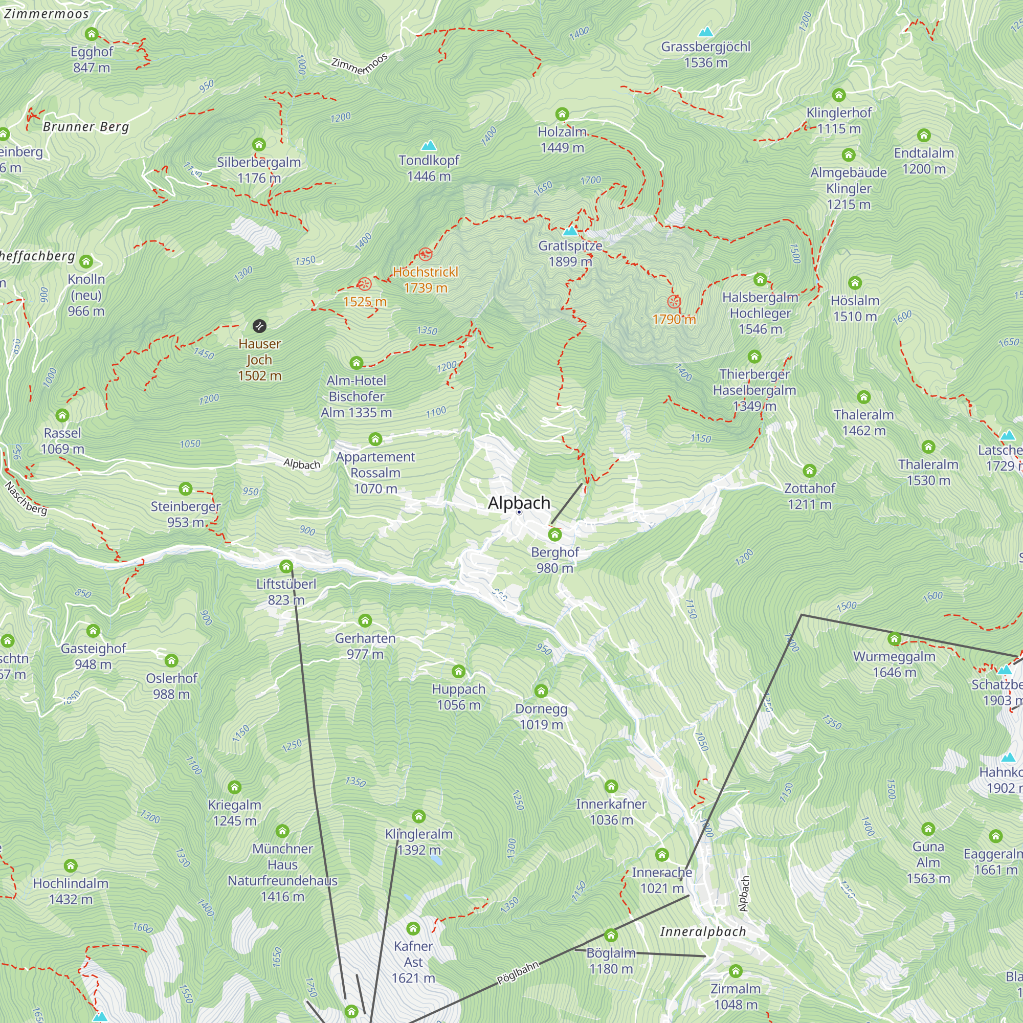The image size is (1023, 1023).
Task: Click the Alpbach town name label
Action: (519, 502)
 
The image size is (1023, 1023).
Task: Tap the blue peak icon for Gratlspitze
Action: (570, 231)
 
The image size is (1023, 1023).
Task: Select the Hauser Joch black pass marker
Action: (259, 326)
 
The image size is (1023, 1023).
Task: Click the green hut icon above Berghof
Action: (554, 535)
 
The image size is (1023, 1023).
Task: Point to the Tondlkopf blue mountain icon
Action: (428, 145)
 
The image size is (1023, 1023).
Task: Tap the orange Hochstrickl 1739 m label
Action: (425, 280)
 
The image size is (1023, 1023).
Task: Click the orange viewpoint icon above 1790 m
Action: (674, 302)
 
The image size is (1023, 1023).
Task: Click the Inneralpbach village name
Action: (703, 932)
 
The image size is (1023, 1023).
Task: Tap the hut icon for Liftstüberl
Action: (286, 567)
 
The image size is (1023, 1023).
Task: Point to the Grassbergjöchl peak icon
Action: (705, 32)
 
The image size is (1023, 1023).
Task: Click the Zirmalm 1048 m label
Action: (736, 996)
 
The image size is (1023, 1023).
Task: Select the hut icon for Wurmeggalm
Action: (894, 639)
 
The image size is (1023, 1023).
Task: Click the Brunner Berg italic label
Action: (86, 126)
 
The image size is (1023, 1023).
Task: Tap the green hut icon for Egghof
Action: (92, 34)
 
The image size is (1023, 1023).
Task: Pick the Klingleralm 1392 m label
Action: (418, 842)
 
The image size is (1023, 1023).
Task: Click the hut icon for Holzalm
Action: (562, 114)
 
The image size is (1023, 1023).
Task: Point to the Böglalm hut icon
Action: (611, 936)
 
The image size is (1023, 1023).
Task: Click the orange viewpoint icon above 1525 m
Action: (364, 284)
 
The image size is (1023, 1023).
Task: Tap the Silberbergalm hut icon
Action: (258, 145)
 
